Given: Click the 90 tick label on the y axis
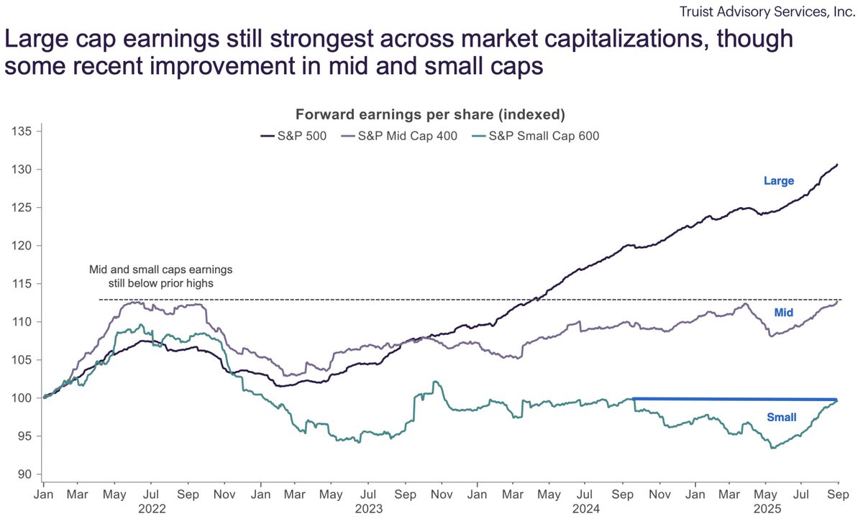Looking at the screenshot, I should coord(26,474).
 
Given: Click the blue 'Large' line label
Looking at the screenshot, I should coord(778,181).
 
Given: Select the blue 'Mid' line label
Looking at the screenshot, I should coord(783,313).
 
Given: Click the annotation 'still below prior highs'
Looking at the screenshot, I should coord(161,282).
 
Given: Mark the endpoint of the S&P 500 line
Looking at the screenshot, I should coord(838,165).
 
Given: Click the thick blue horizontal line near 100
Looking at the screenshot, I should coord(734,399).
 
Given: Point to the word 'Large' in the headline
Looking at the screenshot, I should coord(35,39).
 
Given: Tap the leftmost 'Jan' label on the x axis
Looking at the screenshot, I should coord(44,495).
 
